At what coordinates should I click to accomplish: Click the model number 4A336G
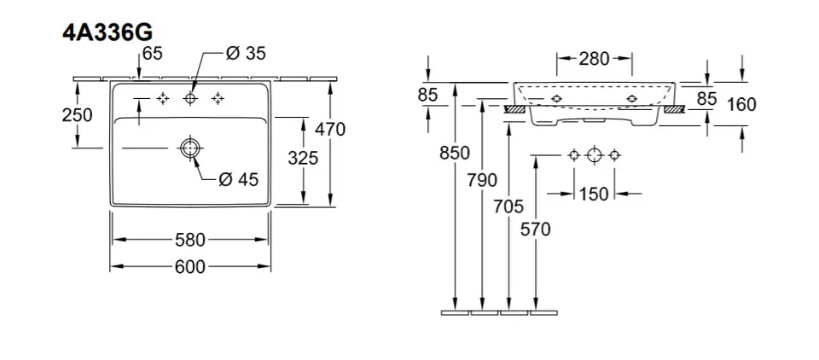click(x=107, y=32)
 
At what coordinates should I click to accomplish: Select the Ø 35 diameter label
click(x=246, y=53)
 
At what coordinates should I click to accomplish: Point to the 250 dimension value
click(x=78, y=115)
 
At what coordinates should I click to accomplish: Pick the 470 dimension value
click(x=329, y=130)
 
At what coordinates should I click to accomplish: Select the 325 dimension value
click(x=302, y=158)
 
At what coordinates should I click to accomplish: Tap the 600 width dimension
click(x=189, y=267)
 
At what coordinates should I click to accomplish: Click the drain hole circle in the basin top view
click(x=189, y=148)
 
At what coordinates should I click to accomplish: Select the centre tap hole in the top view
click(x=190, y=100)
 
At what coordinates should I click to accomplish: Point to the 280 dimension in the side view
click(x=594, y=59)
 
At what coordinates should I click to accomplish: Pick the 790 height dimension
click(x=484, y=179)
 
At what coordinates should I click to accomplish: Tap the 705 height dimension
click(x=510, y=205)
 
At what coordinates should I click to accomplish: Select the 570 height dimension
click(x=537, y=229)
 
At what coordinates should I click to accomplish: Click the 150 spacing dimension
click(x=594, y=195)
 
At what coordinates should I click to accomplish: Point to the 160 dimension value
click(x=742, y=104)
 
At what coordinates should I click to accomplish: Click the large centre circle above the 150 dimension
click(x=595, y=156)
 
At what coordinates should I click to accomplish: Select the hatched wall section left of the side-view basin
click(x=516, y=109)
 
